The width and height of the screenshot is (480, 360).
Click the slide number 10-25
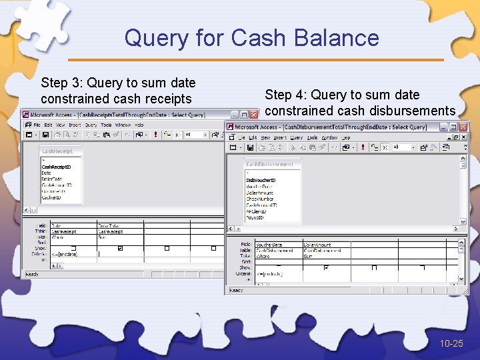pos(451,343)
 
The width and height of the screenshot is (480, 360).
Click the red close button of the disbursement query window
pos(465,127)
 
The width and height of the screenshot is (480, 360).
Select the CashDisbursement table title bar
pos(269,164)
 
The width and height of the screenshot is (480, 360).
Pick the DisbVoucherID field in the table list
pos(261,180)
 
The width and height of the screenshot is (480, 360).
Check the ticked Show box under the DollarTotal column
pos(120,248)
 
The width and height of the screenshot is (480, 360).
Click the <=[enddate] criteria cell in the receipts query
pos(65,254)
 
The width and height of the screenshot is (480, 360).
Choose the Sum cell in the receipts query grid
pos(103,237)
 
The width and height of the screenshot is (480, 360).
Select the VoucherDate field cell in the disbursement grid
pos(269,245)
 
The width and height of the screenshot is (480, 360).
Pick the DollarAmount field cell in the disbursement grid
pos(318,245)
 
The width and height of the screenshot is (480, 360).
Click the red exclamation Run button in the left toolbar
pos(155,134)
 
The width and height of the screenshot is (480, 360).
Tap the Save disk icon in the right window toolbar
pos(250,147)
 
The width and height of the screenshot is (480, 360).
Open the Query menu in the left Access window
pos(91,125)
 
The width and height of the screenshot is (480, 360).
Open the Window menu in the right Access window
pos(329,137)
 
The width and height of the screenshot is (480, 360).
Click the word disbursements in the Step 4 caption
pos(414,111)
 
